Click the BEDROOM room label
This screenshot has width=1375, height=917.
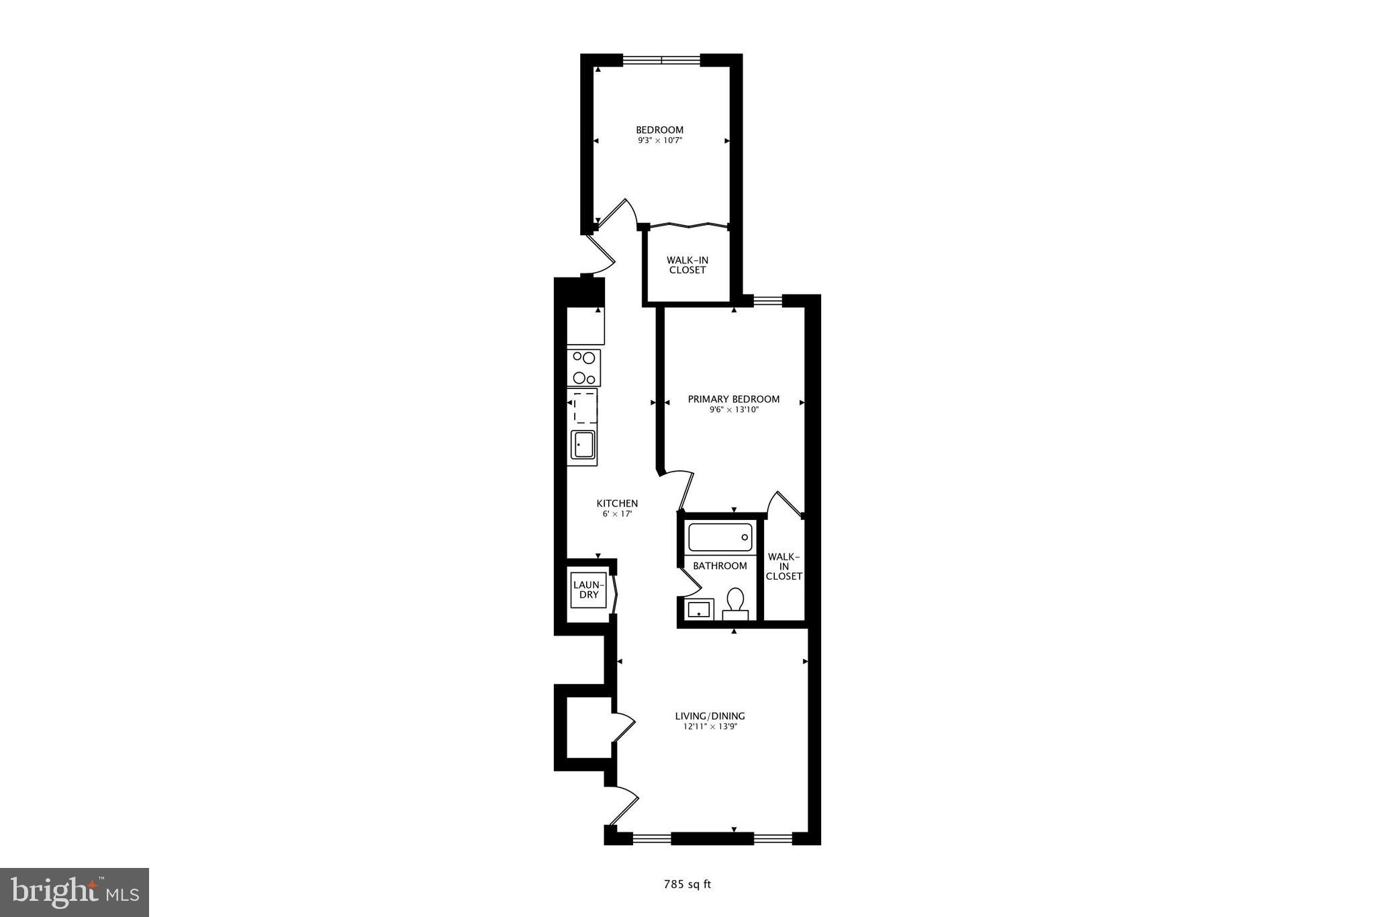pyautogui.click(x=659, y=130)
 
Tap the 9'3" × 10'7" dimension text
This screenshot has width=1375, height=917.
pyautogui.click(x=659, y=141)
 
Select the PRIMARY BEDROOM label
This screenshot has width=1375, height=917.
pyautogui.click(x=733, y=399)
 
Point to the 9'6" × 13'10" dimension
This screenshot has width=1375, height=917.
pyautogui.click(x=733, y=410)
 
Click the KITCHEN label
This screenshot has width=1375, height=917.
pyautogui.click(x=617, y=503)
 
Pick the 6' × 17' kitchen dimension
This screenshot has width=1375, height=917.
pyautogui.click(x=617, y=514)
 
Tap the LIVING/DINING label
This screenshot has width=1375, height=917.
pyautogui.click(x=710, y=716)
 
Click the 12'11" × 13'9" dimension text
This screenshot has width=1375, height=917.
pyautogui.click(x=710, y=727)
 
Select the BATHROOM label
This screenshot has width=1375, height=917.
pyautogui.click(x=720, y=566)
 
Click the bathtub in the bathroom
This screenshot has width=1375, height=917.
pyautogui.click(x=720, y=537)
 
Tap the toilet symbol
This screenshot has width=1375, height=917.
pyautogui.click(x=735, y=603)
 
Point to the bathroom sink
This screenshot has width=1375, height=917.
pyautogui.click(x=698, y=609)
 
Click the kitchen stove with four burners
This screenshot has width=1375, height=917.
pyautogui.click(x=583, y=368)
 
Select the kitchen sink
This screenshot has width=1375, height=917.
pyautogui.click(x=583, y=444)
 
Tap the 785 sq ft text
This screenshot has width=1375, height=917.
pyautogui.click(x=687, y=885)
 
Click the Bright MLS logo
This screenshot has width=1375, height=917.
pyautogui.click(x=75, y=892)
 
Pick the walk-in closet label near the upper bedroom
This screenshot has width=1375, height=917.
pyautogui.click(x=687, y=265)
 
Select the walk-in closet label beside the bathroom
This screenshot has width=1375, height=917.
pyautogui.click(x=784, y=566)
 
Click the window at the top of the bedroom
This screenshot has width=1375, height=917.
pyautogui.click(x=661, y=60)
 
